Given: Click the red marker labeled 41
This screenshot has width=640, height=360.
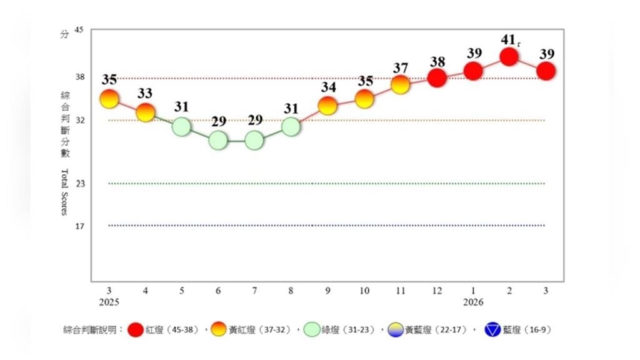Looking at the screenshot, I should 509,57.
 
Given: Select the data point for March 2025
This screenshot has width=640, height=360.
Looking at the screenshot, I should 109,98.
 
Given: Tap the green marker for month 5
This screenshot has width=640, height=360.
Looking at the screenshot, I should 181,127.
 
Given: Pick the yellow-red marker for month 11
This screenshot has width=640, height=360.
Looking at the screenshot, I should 401,84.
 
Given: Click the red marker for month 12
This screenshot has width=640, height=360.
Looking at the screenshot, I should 437,78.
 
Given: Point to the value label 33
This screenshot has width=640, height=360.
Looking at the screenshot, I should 145,94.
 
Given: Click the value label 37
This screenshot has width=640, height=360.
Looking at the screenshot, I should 401,67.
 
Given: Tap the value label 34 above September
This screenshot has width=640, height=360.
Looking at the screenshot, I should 328,87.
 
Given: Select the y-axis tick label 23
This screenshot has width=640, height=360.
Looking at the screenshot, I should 79,184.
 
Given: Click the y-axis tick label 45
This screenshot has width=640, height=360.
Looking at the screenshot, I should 79,30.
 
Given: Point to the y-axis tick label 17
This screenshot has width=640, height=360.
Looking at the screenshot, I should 79,226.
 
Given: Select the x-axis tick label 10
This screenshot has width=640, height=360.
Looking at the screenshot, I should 364,291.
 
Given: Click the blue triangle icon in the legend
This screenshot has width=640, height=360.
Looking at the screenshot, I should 492,329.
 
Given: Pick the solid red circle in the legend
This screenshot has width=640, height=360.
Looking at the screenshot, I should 134,329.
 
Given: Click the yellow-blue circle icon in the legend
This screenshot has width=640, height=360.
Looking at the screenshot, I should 396,329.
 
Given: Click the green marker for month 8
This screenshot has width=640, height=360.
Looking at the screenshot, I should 291,127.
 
